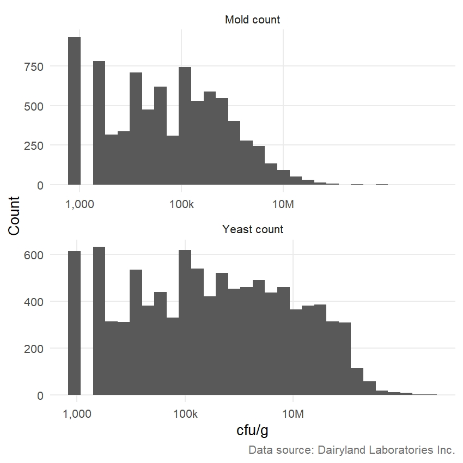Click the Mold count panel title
[252, 20]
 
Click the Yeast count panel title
[253, 229]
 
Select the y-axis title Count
[14, 216]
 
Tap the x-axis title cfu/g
[252, 430]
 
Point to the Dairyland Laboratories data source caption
[351, 450]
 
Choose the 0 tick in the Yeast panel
[41, 395]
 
